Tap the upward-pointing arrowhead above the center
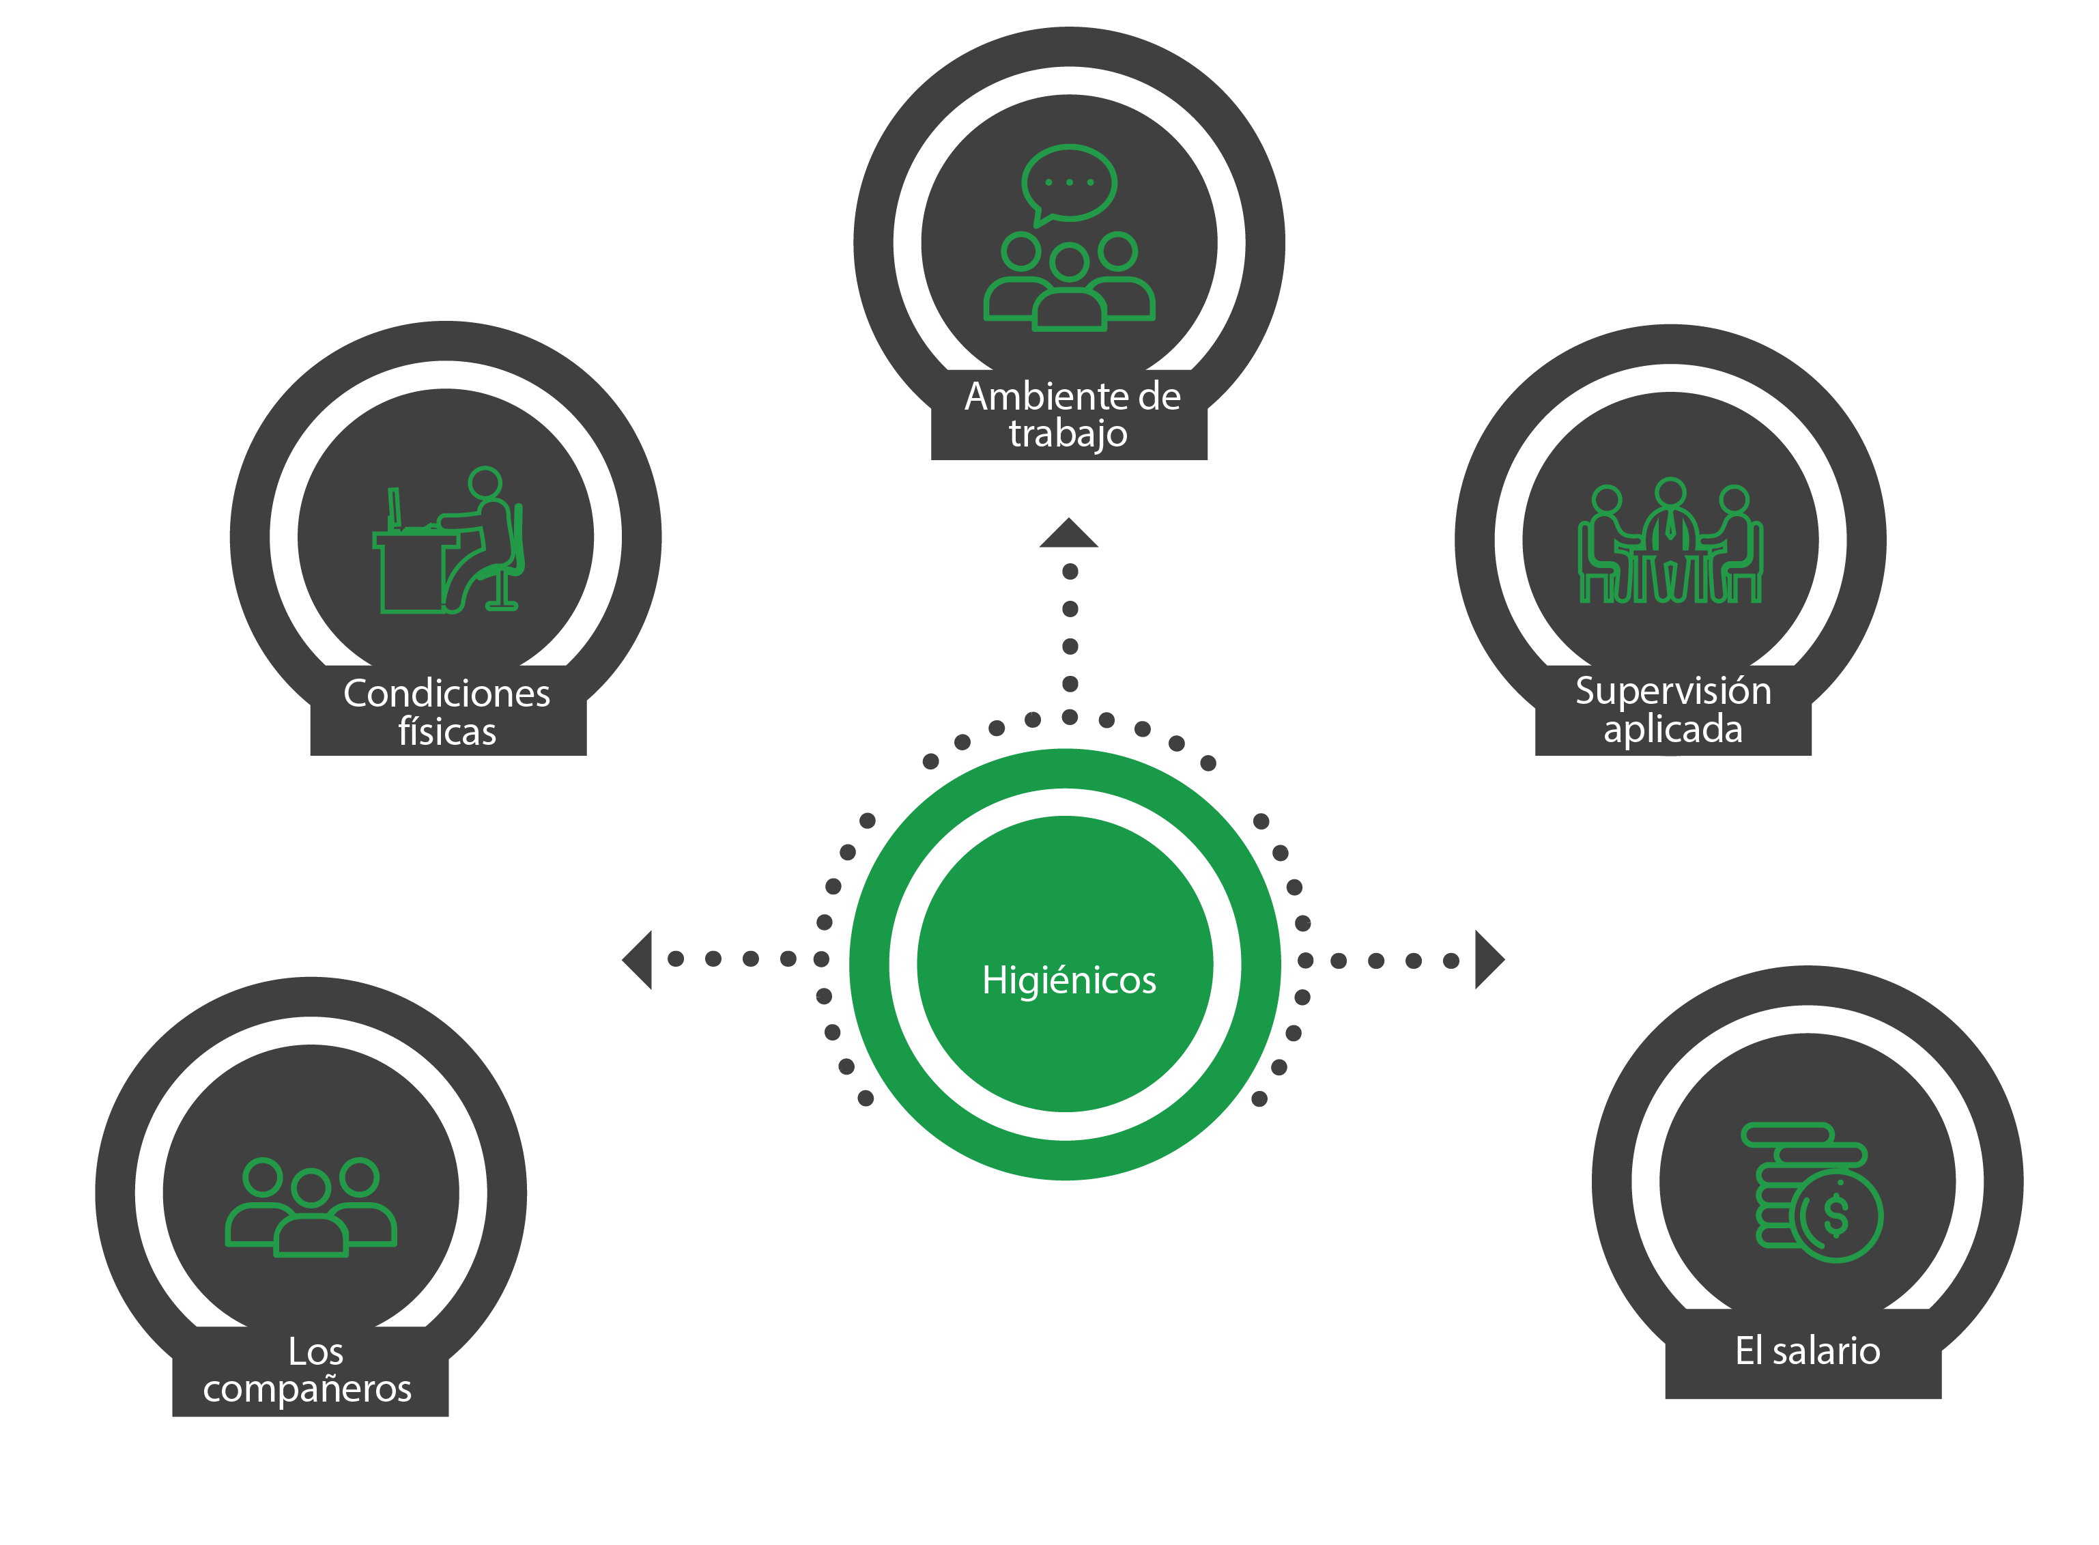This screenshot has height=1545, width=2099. click(1069, 534)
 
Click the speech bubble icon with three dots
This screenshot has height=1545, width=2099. click(1069, 183)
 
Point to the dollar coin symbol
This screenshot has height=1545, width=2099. click(1836, 1216)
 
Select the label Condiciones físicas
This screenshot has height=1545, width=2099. click(447, 711)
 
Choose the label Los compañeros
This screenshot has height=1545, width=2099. click(309, 1370)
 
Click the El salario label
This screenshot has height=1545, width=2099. click(1806, 1351)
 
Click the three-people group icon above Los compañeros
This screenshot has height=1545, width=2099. click(311, 1206)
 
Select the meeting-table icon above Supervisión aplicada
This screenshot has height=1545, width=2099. click(1670, 543)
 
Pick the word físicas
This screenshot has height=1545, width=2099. click(447, 731)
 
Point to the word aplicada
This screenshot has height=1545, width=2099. click(1672, 729)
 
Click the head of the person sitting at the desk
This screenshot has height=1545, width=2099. click(485, 483)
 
